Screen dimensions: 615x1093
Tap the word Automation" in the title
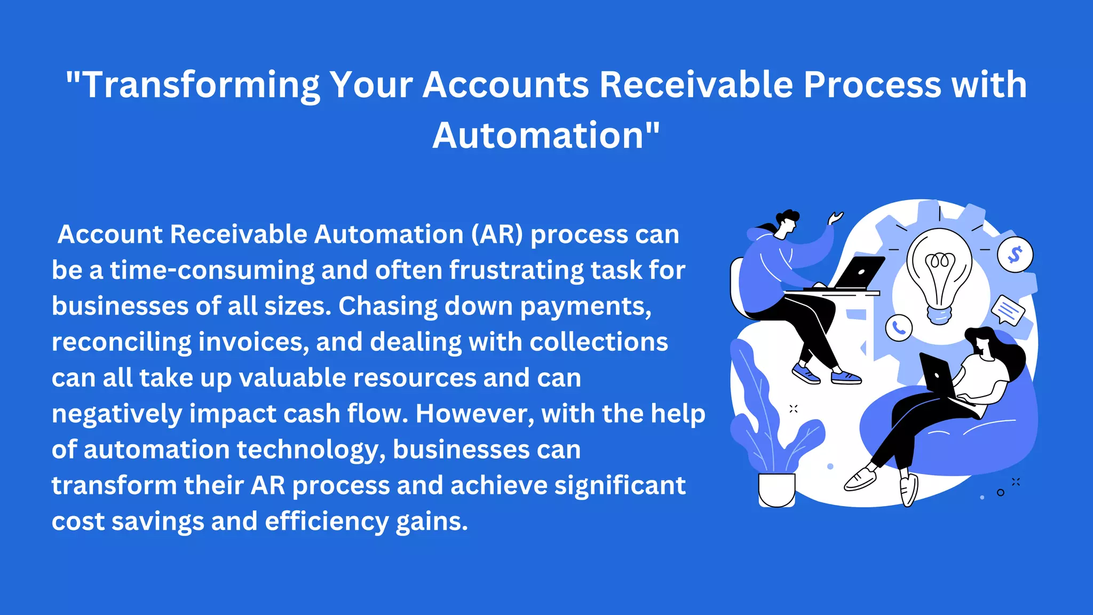pyautogui.click(x=546, y=136)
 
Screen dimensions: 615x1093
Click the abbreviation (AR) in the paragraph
pyautogui.click(x=497, y=234)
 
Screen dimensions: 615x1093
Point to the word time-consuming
pyautogui.click(x=212, y=270)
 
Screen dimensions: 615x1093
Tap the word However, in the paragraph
pyautogui.click(x=475, y=414)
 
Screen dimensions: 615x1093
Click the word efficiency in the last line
pyautogui.click(x=327, y=522)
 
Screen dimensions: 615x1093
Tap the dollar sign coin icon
pyautogui.click(x=1015, y=255)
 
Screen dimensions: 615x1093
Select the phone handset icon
pyautogui.click(x=899, y=328)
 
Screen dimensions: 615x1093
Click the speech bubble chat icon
pyautogui.click(x=1008, y=310)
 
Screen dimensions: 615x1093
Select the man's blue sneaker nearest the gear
pyautogui.click(x=846, y=377)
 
